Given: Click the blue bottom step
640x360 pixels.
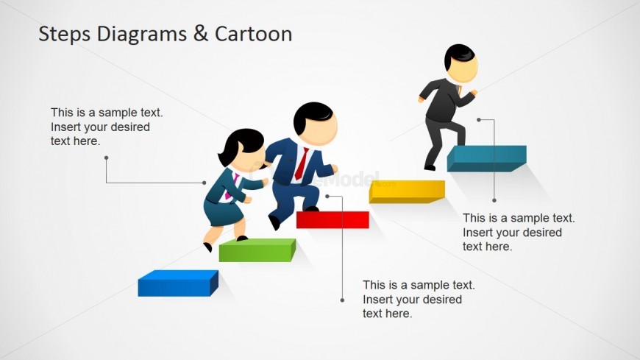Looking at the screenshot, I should click(177, 284).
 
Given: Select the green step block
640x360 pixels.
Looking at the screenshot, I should click(256, 250).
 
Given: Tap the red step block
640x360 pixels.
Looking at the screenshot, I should click(333, 219).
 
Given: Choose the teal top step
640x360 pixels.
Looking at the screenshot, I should click(486, 158).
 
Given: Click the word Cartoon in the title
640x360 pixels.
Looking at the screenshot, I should click(253, 34).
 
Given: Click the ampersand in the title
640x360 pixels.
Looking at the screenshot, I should click(201, 35).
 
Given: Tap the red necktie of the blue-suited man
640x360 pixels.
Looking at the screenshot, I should click(302, 163).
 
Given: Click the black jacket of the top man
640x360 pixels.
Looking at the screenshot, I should click(441, 99).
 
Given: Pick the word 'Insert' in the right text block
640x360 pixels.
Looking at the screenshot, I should click(478, 233).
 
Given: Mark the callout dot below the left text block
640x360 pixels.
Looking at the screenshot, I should click(106, 158).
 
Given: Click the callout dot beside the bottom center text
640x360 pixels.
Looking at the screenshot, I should click(342, 300).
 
